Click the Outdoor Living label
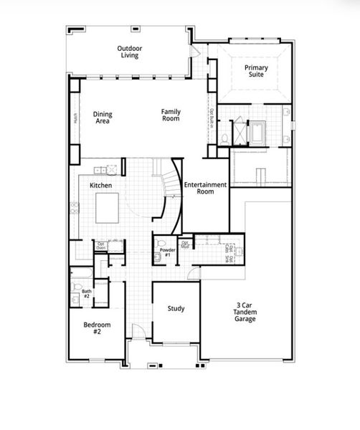pyautogui.click(x=130, y=52)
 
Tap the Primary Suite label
pyautogui.click(x=256, y=70)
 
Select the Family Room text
pyautogui.click(x=170, y=115)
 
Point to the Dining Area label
pyautogui.click(x=103, y=118)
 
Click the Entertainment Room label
pyautogui.click(x=205, y=188)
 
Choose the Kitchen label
pyautogui.click(x=100, y=185)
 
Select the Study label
pyautogui.click(x=176, y=309)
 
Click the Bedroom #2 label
pyautogui.click(x=97, y=328)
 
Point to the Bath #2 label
pyautogui.click(x=87, y=292)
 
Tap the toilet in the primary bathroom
pyautogui.click(x=224, y=137)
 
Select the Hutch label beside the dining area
pyautogui.click(x=75, y=118)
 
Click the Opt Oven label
pyautogui.click(x=102, y=246)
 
